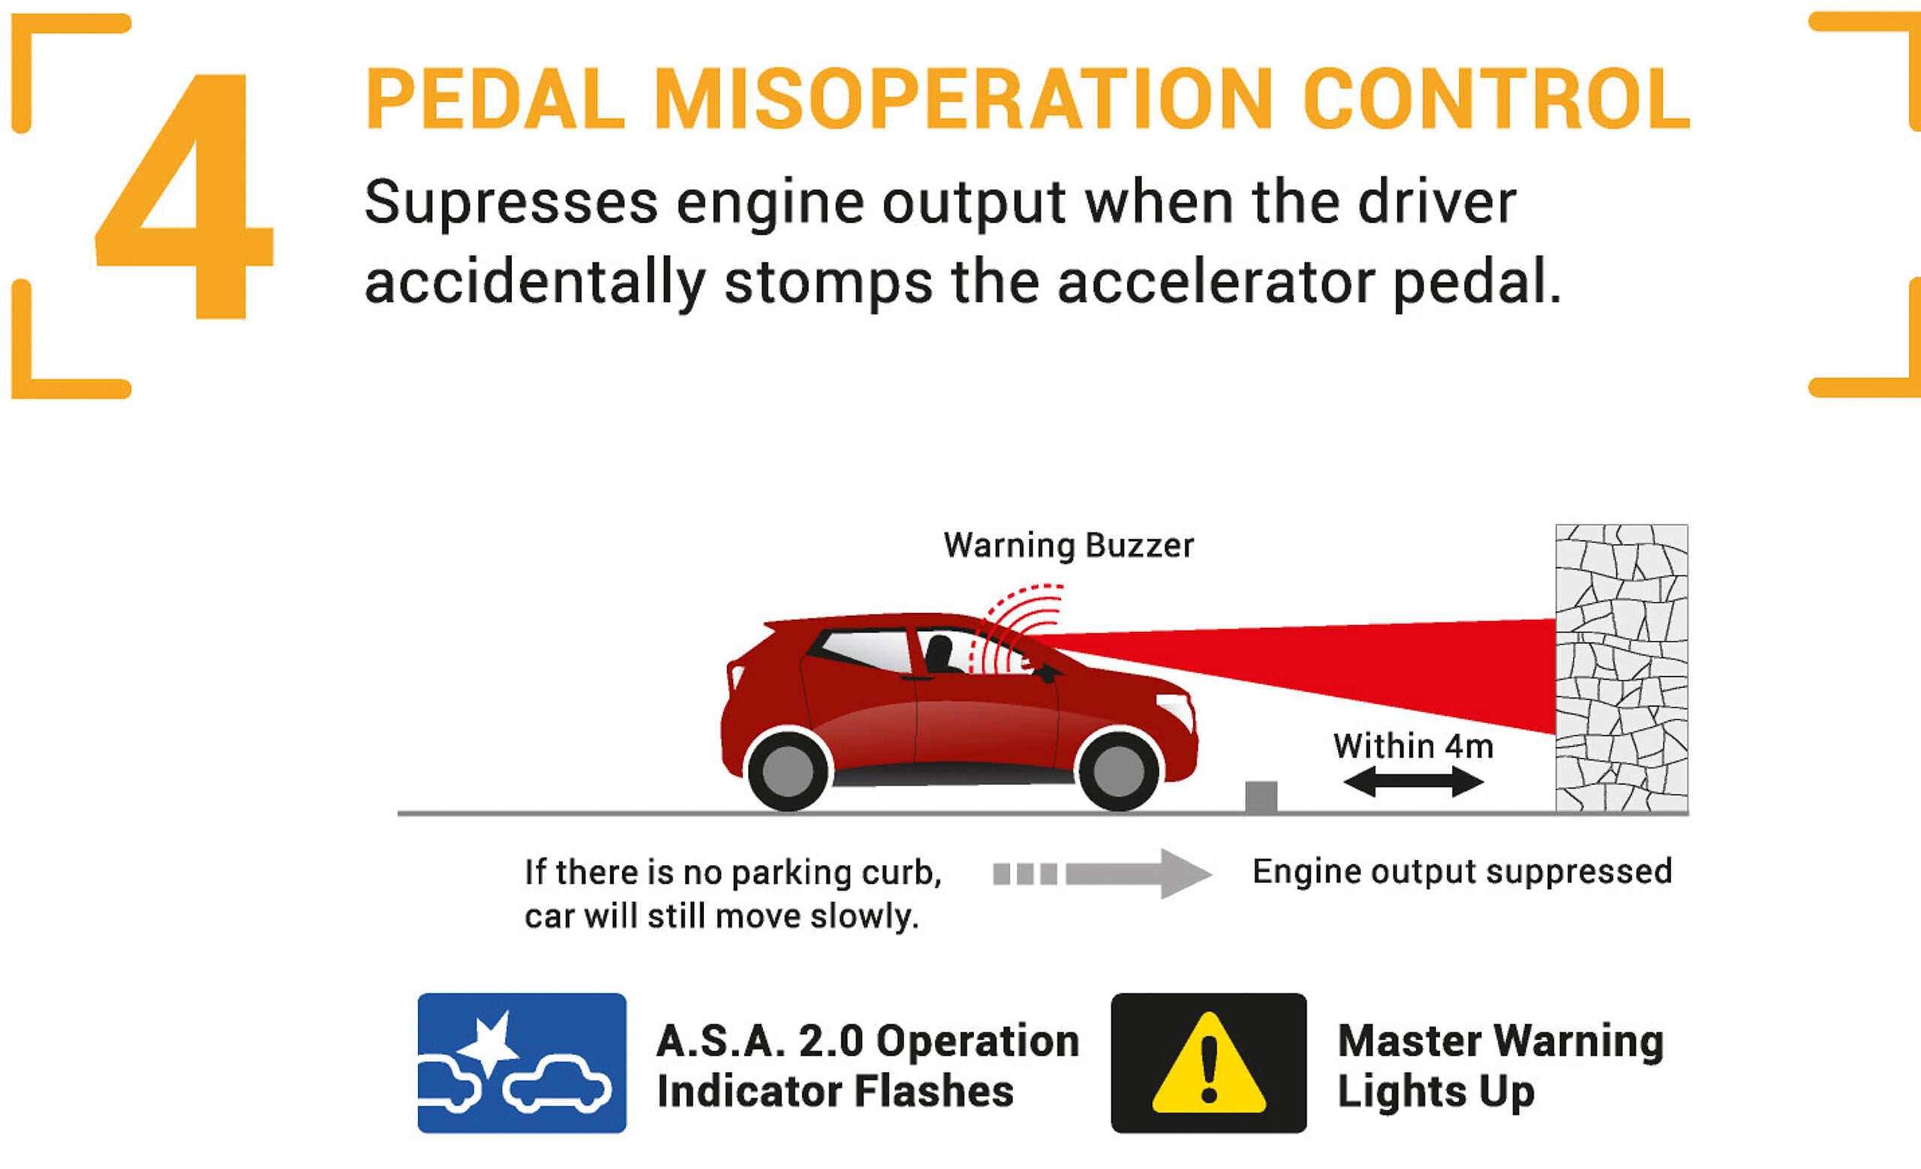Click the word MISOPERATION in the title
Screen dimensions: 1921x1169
[963, 99]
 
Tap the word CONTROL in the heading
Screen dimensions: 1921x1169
[1496, 99]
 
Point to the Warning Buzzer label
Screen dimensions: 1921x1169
[1068, 545]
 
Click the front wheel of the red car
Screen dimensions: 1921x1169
[1118, 771]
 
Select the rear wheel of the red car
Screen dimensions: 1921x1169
[787, 771]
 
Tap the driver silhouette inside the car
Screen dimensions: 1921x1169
[940, 654]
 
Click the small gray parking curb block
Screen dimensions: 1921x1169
[1261, 797]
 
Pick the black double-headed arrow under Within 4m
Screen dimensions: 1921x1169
[1413, 782]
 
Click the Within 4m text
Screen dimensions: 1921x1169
[1413, 746]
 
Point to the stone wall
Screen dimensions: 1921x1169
[1622, 669]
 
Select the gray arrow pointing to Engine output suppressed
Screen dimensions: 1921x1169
[1102, 873]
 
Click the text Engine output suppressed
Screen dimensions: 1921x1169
[1463, 871]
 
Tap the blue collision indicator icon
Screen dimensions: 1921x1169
[522, 1063]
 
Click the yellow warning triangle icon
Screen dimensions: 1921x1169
[1208, 1063]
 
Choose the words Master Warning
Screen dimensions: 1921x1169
[1501, 1041]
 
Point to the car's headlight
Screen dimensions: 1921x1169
[1176, 709]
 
